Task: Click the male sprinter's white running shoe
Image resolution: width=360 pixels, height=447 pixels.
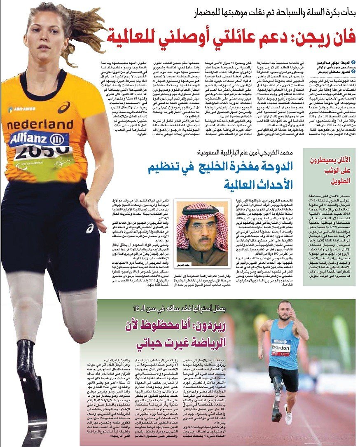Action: click(x=288, y=414)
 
